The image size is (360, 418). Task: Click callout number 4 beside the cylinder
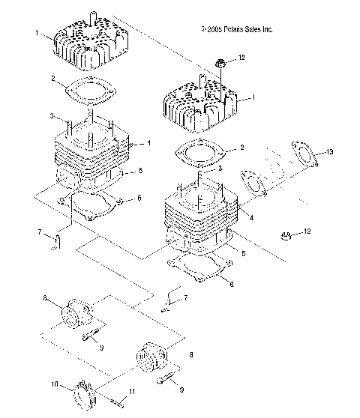pos(251,217)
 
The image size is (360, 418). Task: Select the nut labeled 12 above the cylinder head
pos(220,60)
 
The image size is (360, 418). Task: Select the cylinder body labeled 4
pos(199,217)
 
